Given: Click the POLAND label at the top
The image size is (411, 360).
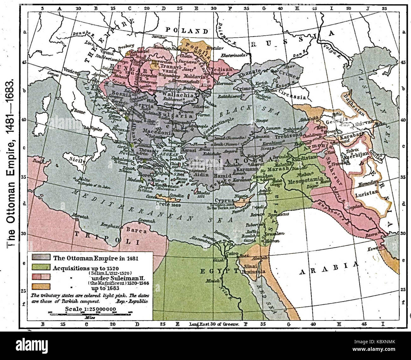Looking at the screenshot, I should click(x=187, y=31).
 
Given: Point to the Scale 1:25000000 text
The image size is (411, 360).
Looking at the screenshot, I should click(x=90, y=309).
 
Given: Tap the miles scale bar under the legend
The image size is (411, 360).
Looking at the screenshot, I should click(x=90, y=314).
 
